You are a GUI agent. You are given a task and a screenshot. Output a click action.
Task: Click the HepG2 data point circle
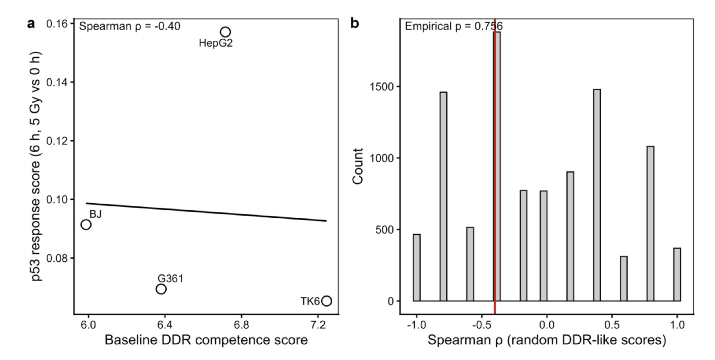coord(225,32)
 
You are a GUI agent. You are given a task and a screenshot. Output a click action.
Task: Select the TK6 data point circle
coord(326,301)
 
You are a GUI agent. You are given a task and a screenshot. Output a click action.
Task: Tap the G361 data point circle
coord(161,289)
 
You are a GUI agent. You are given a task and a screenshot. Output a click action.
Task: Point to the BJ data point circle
coord(86,224)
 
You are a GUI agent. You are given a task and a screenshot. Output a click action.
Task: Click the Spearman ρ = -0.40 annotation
coord(130,26)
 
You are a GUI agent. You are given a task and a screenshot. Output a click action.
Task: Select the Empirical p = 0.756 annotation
coord(454,26)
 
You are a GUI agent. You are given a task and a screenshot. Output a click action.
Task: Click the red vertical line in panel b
coord(494,172)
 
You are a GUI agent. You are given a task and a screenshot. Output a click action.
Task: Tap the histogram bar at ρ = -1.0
coord(417,267)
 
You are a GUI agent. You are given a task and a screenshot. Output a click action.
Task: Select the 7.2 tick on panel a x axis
coord(318,324)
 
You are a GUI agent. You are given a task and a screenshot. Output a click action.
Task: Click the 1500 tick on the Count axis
coord(382,87)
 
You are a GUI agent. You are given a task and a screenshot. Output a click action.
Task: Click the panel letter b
coord(354,23)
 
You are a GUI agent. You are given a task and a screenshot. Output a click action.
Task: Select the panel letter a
coord(31,23)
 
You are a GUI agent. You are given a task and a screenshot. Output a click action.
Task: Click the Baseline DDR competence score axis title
coord(206,340)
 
